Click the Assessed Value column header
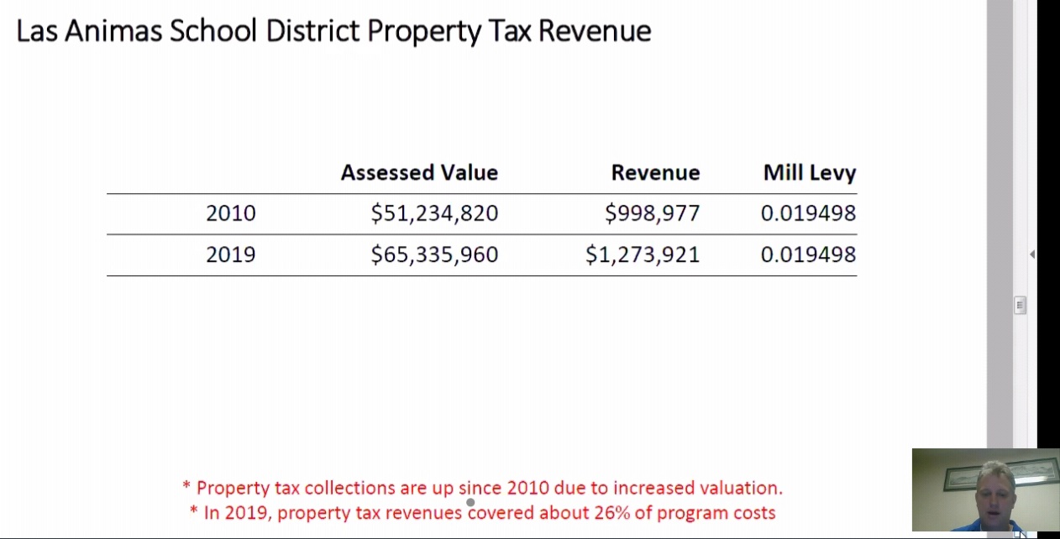419,173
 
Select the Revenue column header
655,173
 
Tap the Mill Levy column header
809,173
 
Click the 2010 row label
230,213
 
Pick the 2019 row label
230,254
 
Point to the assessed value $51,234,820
434,213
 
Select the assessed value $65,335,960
434,254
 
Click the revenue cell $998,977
652,213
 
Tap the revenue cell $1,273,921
643,254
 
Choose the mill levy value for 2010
808,213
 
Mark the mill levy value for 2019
808,254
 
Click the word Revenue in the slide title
595,31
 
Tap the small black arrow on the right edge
1031,254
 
